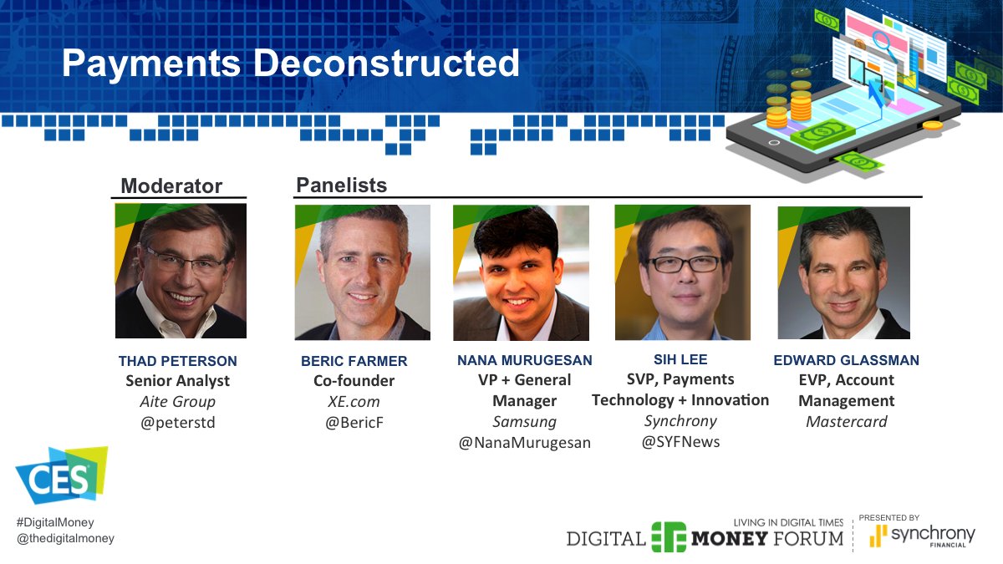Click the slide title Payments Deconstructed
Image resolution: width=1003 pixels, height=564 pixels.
pyautogui.click(x=290, y=64)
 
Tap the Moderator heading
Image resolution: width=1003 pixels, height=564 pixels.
pyautogui.click(x=171, y=185)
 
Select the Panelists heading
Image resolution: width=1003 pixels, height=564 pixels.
pyautogui.click(x=341, y=185)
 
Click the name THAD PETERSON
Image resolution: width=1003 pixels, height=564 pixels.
pyautogui.click(x=177, y=361)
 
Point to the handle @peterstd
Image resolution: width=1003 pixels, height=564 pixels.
pyautogui.click(x=177, y=422)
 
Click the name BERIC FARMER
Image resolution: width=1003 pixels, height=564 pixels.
pyautogui.click(x=354, y=361)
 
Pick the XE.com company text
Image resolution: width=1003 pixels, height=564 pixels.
pyautogui.click(x=354, y=401)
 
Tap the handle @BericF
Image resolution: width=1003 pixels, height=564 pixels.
pyautogui.click(x=354, y=422)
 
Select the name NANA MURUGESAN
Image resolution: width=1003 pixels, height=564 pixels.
pyautogui.click(x=524, y=360)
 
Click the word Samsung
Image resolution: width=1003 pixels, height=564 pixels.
pyautogui.click(x=524, y=421)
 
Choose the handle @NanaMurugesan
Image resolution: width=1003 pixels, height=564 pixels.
pyautogui.click(x=524, y=442)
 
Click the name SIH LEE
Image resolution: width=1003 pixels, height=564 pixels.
pyautogui.click(x=680, y=359)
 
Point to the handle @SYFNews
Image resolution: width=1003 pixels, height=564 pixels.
pyautogui.click(x=680, y=441)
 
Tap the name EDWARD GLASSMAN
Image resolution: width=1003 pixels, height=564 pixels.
pyautogui.click(x=846, y=360)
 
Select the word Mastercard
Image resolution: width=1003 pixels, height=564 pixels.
pyautogui.click(x=846, y=421)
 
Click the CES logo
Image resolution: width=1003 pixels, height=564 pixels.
pyautogui.click(x=61, y=476)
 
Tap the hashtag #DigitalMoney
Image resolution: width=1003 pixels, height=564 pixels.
pyautogui.click(x=55, y=522)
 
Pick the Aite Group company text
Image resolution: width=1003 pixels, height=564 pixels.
pyautogui.click(x=177, y=401)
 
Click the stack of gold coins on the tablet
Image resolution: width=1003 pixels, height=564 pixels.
pyautogui.click(x=800, y=104)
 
